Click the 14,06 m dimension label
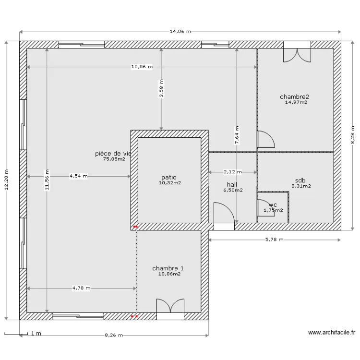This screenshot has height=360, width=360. pos(180,32)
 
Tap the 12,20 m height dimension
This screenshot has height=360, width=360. pos(6,179)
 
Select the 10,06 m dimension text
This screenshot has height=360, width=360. pos(142,67)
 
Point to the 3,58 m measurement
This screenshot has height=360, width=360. pos(161,89)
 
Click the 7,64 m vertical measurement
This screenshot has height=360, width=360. pos(237,135)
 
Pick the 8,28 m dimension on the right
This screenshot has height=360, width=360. pos(353,135)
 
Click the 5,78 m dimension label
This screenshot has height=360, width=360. pos(274,240)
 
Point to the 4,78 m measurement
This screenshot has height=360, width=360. pos(82,288)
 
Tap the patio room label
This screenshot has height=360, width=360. pos(168,177)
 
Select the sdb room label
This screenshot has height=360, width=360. pos(300,180)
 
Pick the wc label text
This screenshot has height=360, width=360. pos(273,205)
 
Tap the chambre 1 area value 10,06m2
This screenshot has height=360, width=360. pos(169,274)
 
